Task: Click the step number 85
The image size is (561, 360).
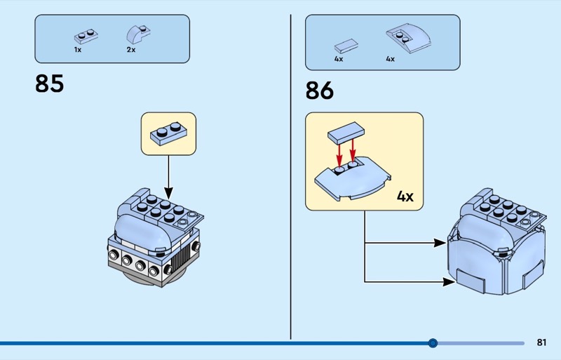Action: [x=49, y=84]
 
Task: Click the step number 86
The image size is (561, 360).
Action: [x=319, y=91]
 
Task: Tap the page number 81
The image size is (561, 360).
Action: [x=541, y=342]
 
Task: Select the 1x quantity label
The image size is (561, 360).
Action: [x=78, y=50]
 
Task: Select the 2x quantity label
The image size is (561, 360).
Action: [x=130, y=50]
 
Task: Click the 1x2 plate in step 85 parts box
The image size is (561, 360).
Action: [x=83, y=36]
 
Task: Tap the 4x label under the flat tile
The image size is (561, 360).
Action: [x=339, y=59]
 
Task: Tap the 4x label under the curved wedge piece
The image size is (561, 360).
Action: [x=390, y=59]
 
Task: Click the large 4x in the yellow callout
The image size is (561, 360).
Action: [x=405, y=196]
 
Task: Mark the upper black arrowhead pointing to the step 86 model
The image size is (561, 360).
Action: [x=440, y=243]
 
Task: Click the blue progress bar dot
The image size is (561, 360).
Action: [x=433, y=343]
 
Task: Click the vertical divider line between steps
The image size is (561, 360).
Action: [x=291, y=175]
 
